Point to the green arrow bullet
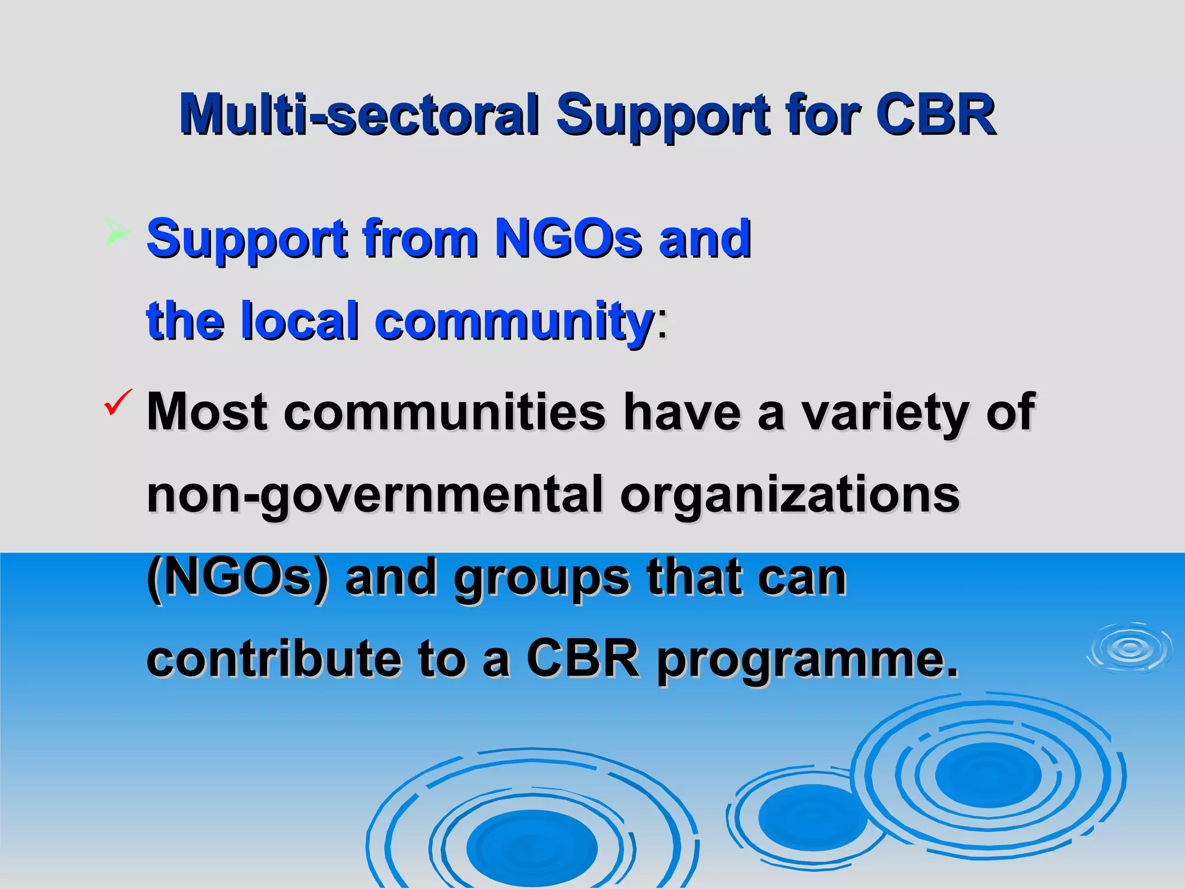click(116, 232)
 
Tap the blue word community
click(514, 322)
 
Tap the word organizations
click(790, 495)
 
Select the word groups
click(541, 579)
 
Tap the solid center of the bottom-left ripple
click(532, 848)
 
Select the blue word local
click(300, 321)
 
